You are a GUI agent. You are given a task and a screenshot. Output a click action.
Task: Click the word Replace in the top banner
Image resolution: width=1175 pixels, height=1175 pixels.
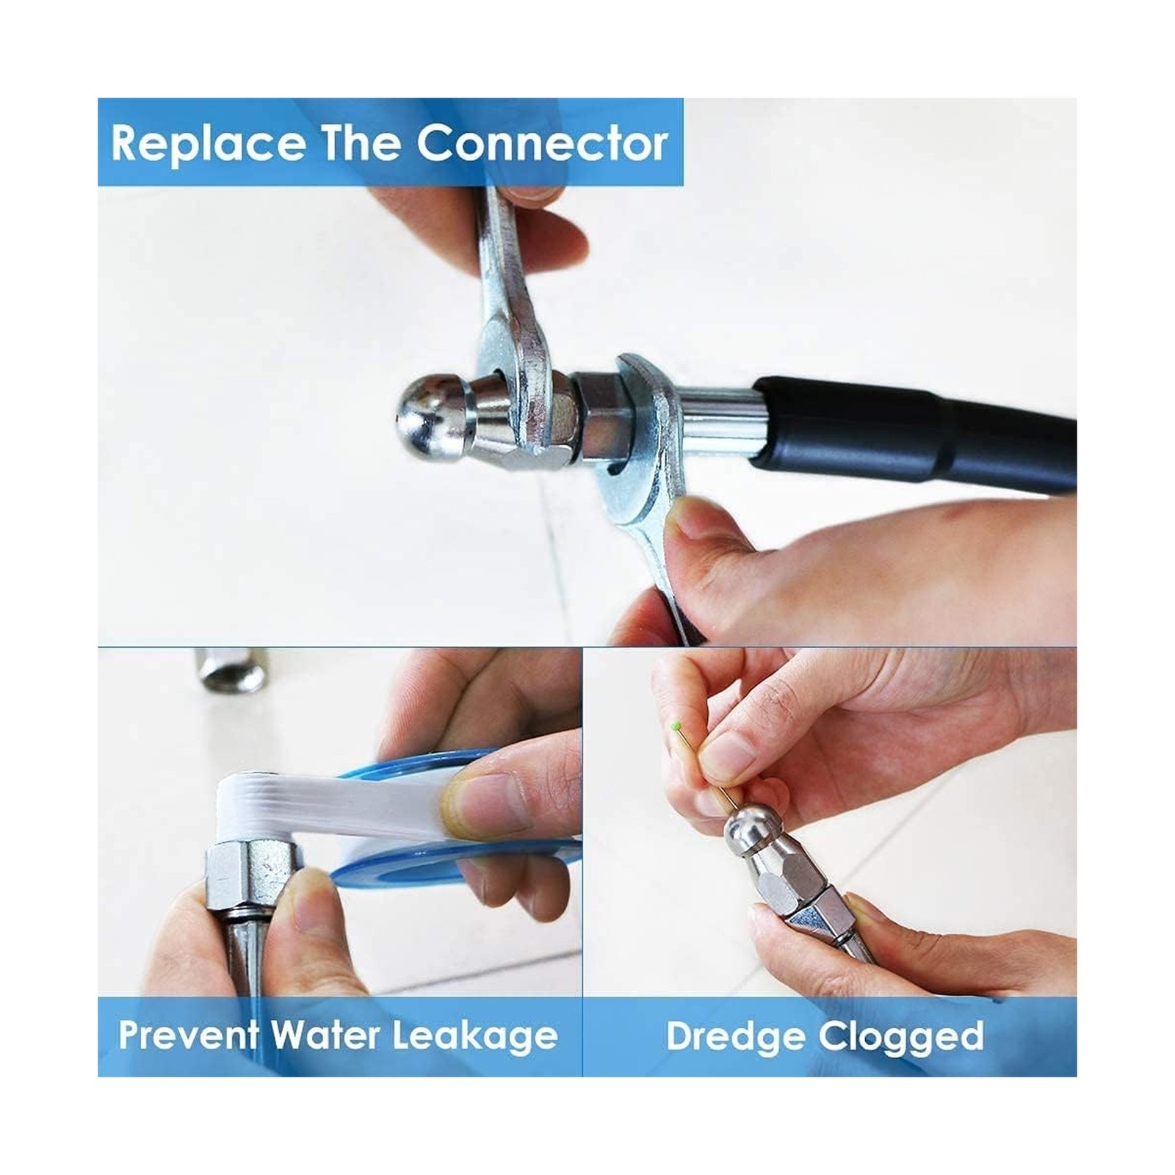click(x=208, y=145)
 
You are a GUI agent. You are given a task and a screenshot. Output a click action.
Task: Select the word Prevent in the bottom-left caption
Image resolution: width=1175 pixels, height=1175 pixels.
click(x=189, y=1035)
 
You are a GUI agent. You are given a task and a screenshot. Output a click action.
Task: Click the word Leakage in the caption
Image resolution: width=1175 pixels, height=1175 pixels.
click(x=474, y=1037)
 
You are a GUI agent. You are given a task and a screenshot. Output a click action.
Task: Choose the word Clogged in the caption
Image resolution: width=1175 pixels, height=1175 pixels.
click(x=901, y=1037)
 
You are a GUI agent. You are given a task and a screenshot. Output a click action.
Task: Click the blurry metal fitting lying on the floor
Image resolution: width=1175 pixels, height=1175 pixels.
click(x=231, y=670)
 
